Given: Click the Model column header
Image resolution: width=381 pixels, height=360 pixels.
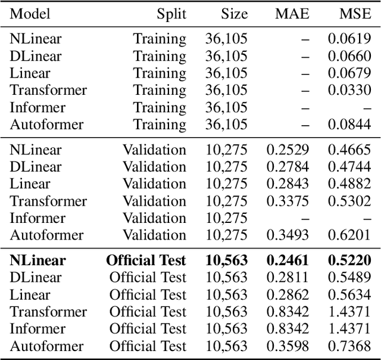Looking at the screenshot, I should pos(30,14).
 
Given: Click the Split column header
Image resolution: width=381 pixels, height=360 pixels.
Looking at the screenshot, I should pos(171,14).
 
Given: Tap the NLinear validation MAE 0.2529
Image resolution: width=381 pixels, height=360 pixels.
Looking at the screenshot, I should pos(288,150).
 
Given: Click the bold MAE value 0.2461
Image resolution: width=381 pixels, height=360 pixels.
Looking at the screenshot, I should pos(287,260).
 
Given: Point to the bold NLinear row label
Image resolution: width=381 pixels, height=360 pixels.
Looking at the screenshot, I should pos(38,260).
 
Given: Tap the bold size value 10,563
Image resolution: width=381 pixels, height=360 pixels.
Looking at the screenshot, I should pos(226,260).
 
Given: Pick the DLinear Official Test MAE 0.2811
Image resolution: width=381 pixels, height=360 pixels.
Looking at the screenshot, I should pos(288,278).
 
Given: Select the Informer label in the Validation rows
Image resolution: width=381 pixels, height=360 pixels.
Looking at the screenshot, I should pos(38,219).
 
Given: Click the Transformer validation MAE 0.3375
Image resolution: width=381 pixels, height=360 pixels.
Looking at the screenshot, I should pos(288,201).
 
